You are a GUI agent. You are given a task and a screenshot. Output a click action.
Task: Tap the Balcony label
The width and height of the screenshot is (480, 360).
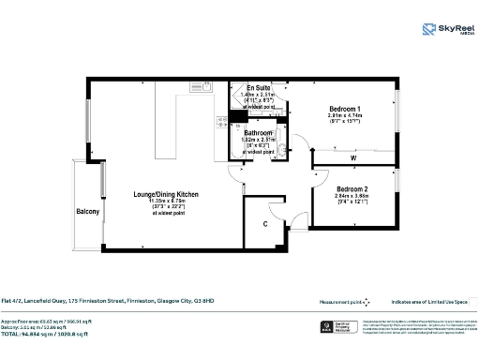87,212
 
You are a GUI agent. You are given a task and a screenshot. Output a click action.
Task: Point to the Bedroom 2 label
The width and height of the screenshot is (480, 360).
352,189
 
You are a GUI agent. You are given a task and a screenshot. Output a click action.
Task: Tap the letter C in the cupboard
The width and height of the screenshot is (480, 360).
266,223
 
